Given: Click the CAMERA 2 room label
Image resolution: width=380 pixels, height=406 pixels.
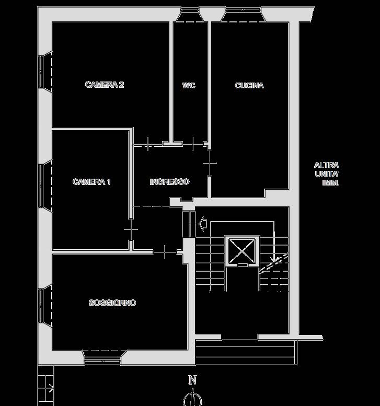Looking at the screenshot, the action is (x=105, y=85).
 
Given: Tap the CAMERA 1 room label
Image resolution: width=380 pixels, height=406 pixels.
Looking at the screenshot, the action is (x=91, y=182).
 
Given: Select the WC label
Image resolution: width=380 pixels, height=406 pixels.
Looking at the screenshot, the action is (x=189, y=86).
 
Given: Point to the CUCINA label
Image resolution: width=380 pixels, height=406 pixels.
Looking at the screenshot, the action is (x=249, y=86).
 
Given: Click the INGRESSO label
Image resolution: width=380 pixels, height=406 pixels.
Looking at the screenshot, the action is (x=170, y=182).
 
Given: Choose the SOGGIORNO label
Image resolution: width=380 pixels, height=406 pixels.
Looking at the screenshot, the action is (x=112, y=303).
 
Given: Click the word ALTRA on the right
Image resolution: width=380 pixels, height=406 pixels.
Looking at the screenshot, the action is (x=326, y=165).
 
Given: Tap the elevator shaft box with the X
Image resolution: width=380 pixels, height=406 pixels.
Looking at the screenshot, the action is (x=242, y=251).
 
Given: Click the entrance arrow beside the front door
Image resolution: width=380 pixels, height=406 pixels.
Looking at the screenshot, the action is (x=203, y=224).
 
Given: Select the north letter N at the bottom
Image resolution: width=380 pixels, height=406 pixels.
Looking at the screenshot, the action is (x=192, y=380).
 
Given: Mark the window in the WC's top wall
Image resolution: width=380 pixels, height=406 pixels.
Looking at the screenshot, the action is (x=190, y=15).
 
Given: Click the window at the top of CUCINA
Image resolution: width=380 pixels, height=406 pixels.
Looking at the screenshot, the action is (x=243, y=15).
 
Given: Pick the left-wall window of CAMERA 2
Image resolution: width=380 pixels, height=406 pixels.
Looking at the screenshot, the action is (x=45, y=72).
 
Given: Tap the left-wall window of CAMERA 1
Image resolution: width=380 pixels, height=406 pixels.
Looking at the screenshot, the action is (x=45, y=185).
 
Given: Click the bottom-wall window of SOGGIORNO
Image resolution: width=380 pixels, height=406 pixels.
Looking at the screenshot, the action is (x=104, y=357).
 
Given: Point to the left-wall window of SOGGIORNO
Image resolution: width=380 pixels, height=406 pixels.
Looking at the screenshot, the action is (x=45, y=306).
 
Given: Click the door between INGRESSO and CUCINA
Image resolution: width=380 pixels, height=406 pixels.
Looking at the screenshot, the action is (x=210, y=163).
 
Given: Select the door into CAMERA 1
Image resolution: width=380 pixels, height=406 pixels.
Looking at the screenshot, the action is (x=131, y=229).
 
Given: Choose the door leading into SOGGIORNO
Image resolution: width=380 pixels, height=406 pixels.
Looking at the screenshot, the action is (x=165, y=252).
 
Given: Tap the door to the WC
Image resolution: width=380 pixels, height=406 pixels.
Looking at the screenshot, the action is (x=193, y=144).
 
